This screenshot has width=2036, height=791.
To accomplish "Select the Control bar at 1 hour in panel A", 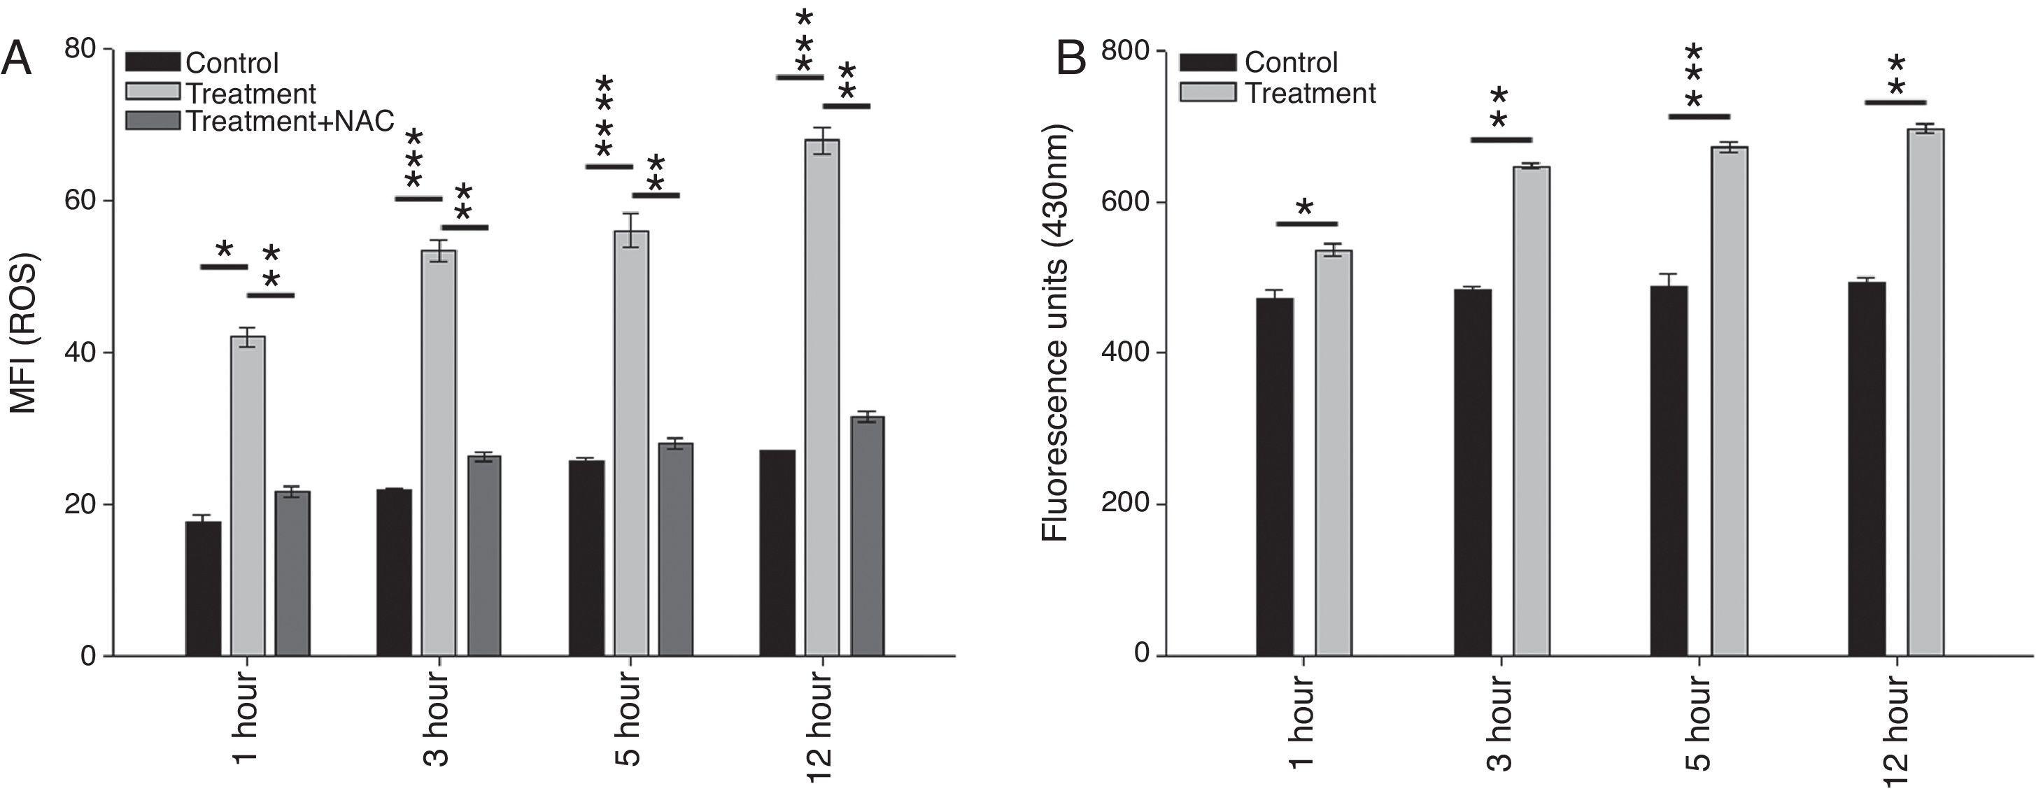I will point(203,589).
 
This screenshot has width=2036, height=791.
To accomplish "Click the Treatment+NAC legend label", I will point(289,121).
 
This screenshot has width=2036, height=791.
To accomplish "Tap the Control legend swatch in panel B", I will point(1208,62).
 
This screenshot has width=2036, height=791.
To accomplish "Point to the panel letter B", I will point(1072,59).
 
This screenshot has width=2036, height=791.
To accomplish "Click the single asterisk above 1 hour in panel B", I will point(1305,208).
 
